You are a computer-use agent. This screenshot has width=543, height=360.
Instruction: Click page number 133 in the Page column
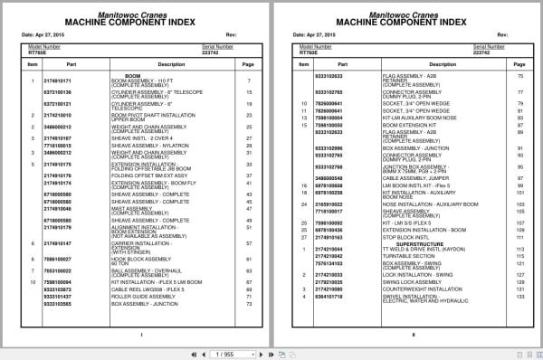(x=520, y=296)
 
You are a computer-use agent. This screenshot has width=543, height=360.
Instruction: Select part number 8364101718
(x=327, y=296)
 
